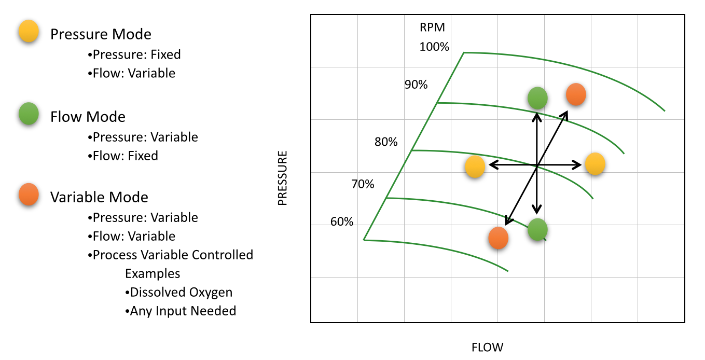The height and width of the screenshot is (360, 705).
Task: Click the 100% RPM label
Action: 434,47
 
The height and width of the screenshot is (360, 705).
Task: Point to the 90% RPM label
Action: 416,85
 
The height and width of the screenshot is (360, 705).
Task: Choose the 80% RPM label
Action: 386,142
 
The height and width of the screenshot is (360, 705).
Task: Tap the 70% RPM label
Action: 363,184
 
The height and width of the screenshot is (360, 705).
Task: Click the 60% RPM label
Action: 342,222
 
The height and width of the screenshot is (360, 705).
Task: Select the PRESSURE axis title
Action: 282,178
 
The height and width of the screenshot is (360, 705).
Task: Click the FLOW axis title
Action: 487,347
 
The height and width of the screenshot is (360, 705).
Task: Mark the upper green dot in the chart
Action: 537,98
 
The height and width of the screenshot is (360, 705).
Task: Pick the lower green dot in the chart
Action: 537,229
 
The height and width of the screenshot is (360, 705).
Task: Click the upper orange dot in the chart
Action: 576,94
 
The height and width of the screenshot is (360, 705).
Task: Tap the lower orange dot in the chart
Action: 498,238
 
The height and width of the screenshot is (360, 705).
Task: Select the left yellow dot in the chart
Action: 475,167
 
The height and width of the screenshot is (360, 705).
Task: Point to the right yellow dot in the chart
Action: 595,164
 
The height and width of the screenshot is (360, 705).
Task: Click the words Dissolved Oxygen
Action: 181,292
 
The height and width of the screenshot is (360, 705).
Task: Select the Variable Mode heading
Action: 99,197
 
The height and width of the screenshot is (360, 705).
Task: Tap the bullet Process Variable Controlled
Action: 173,255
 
